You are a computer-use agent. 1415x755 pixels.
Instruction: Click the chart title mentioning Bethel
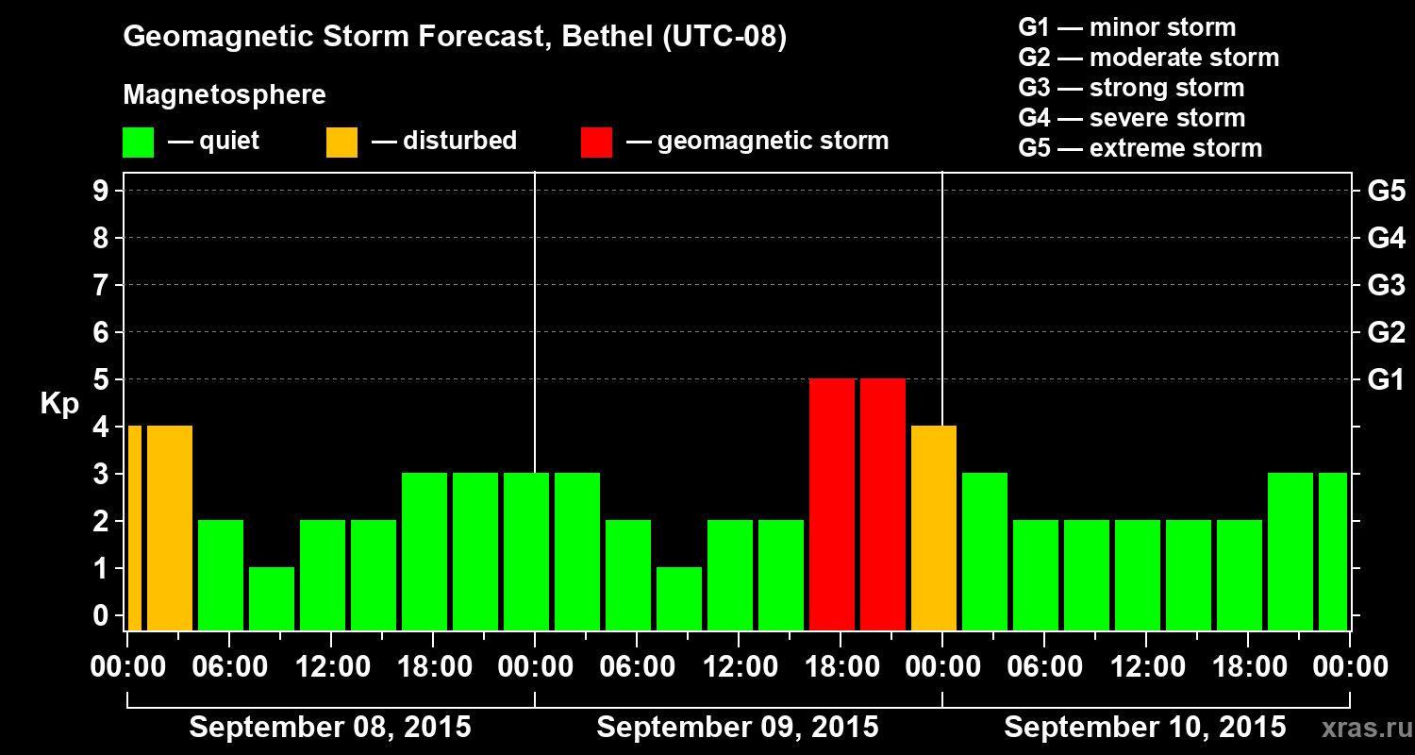[455, 37]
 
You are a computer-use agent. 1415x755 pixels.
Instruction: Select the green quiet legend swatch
[138, 142]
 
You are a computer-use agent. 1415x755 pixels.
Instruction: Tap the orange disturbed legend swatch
[341, 142]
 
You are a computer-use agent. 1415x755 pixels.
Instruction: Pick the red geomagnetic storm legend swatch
[596, 142]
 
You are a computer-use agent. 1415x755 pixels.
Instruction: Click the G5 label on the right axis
[1386, 191]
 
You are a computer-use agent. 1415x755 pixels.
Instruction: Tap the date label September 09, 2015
[738, 728]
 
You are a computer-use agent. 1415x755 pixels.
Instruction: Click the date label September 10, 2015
[1144, 728]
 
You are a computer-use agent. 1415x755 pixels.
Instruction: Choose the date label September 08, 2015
[330, 728]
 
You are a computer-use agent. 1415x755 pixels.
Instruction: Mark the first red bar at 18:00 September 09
[832, 504]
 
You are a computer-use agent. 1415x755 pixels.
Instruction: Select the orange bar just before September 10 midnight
[934, 528]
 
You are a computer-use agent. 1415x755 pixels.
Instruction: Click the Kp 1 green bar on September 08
[272, 598]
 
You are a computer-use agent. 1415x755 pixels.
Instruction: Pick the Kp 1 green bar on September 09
[679, 598]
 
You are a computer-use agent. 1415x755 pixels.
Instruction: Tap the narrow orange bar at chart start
[134, 528]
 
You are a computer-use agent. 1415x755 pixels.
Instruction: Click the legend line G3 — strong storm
[1131, 88]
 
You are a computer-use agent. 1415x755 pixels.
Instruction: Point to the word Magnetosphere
[225, 95]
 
